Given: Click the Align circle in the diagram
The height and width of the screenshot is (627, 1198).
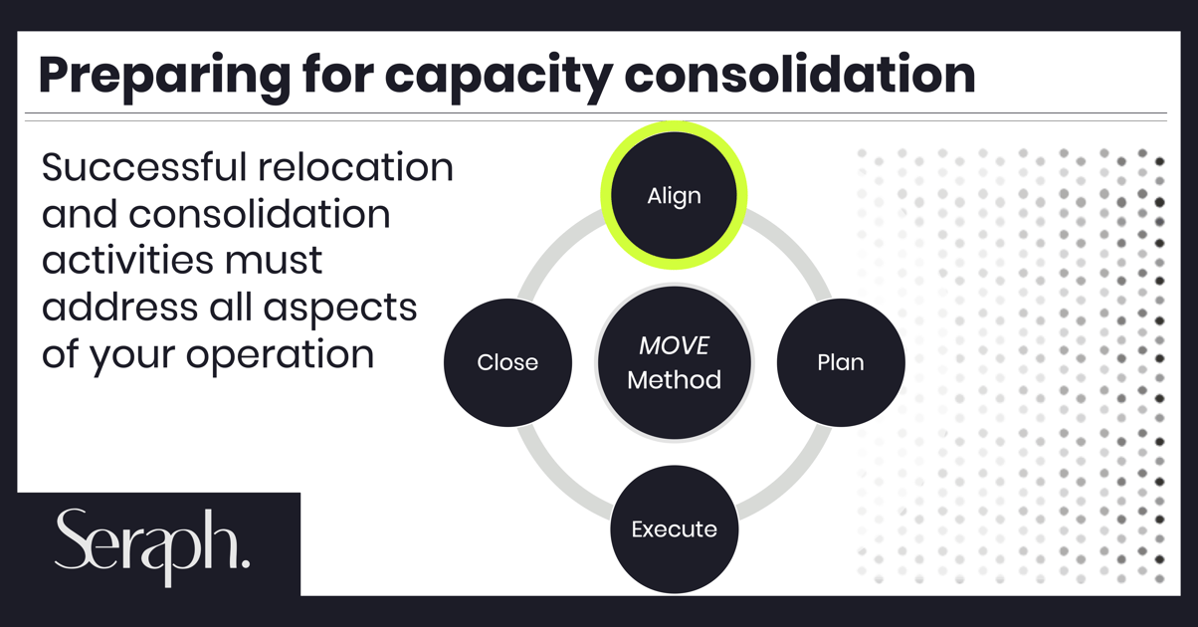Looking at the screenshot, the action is (x=674, y=195).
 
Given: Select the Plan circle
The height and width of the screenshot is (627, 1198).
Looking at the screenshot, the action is (x=841, y=362).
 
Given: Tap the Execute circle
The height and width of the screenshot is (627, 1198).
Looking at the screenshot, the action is (x=674, y=529).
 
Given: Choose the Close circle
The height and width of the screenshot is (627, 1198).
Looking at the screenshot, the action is (x=507, y=362).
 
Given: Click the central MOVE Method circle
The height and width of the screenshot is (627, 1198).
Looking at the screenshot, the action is (x=674, y=362).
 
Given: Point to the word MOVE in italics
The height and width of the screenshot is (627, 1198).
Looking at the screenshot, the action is (x=674, y=345).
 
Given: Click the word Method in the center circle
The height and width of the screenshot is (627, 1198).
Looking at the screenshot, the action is (x=674, y=380).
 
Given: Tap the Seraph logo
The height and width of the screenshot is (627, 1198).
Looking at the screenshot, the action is (x=152, y=546).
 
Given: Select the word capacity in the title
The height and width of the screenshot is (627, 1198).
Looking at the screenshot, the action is (x=499, y=77).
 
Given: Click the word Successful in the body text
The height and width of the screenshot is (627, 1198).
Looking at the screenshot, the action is (x=144, y=167).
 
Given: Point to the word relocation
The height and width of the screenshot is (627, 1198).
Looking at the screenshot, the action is (x=355, y=167).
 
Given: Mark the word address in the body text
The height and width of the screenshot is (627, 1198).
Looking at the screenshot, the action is (x=119, y=308).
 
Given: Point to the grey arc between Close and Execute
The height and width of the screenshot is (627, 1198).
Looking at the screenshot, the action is (x=555, y=482).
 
